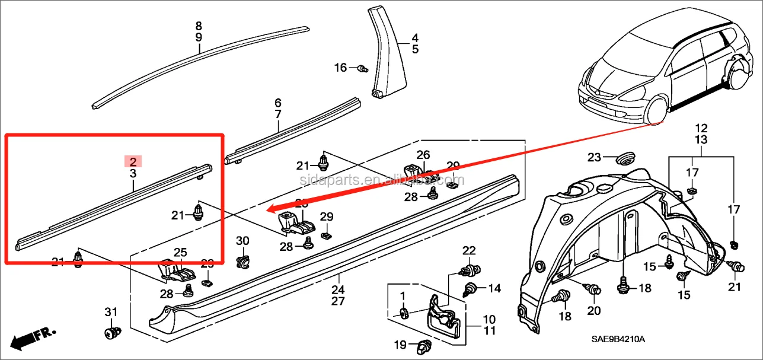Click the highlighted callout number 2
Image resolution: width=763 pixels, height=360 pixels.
pos(133,161)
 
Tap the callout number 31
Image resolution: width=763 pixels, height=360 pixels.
pos(111,313)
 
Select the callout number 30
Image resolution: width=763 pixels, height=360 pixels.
pos(242,241)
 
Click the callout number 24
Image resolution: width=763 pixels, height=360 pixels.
pos(338,290)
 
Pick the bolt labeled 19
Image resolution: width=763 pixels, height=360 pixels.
pos(423,344)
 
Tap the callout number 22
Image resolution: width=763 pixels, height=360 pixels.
pos(469,250)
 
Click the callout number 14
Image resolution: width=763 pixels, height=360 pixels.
pos(494,289)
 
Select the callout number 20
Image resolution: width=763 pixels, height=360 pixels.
pos(593,310)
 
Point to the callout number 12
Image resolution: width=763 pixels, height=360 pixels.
pos(701,128)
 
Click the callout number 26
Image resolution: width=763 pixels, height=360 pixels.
pos(423,155)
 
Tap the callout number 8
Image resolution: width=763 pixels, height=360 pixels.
pos(199,26)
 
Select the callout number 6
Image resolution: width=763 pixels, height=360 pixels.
pos(278,103)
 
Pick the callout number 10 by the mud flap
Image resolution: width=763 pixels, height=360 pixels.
pos(489,319)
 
